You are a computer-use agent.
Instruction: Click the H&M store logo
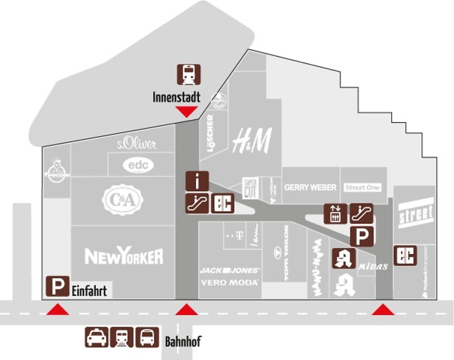tap(252, 140)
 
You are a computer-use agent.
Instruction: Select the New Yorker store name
tap(124, 256)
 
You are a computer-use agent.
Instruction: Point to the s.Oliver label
tap(136, 143)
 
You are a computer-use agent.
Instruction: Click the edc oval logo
tap(138, 164)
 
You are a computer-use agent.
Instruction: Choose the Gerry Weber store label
tap(310, 187)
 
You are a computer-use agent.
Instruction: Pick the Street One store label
tap(362, 187)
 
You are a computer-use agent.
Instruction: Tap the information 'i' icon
tap(197, 181)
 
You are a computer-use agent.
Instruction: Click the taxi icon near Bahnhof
tap(96, 337)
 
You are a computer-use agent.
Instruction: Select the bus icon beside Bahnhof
tap(148, 337)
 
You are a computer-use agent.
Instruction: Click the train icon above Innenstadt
tap(188, 74)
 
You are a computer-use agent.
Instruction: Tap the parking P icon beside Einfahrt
tap(57, 286)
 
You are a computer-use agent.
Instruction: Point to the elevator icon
tap(335, 214)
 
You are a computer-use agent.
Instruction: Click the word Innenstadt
tap(176, 98)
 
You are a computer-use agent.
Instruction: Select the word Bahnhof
tap(183, 342)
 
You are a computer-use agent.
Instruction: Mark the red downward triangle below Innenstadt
tap(186, 112)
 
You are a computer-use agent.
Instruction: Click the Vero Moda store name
tap(229, 282)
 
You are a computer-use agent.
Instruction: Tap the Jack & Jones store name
tap(229, 270)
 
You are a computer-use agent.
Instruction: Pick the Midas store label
tap(374, 266)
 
